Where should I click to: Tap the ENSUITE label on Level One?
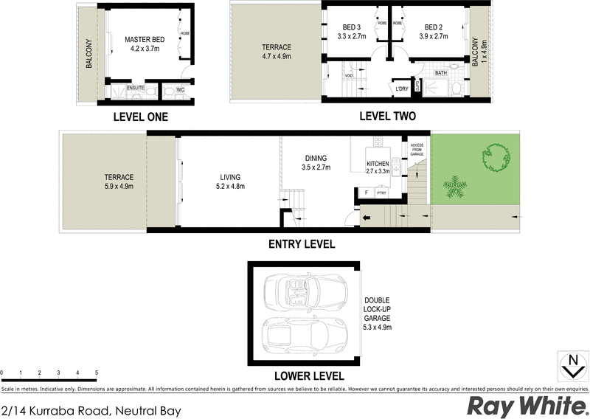[x=135, y=88]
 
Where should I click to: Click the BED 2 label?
[x=426, y=27]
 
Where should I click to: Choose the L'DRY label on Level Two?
[x=401, y=89]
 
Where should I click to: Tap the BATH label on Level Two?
[x=441, y=73]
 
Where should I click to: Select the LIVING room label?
[x=230, y=176]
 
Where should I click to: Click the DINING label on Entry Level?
[x=316, y=159]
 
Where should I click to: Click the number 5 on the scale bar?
[x=96, y=373]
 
